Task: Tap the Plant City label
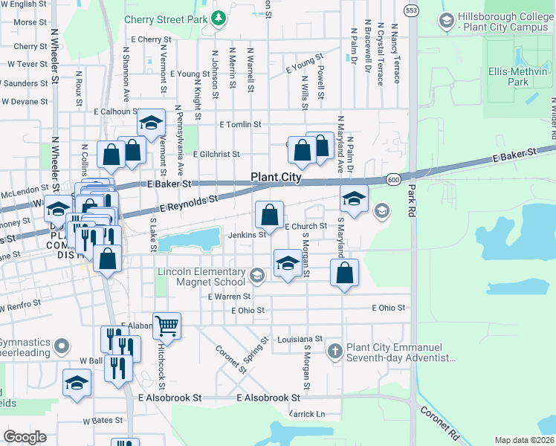(276, 177)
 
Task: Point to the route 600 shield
(393, 179)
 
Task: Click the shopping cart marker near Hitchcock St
(167, 325)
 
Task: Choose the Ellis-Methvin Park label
(519, 77)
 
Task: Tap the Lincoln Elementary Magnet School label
(201, 277)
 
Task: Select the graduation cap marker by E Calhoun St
(151, 124)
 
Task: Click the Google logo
(25, 437)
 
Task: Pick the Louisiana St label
(300, 339)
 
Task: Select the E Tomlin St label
(241, 125)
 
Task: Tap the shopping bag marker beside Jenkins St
(269, 215)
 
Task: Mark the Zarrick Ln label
(307, 413)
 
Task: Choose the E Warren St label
(230, 296)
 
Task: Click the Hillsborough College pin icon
(447, 20)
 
